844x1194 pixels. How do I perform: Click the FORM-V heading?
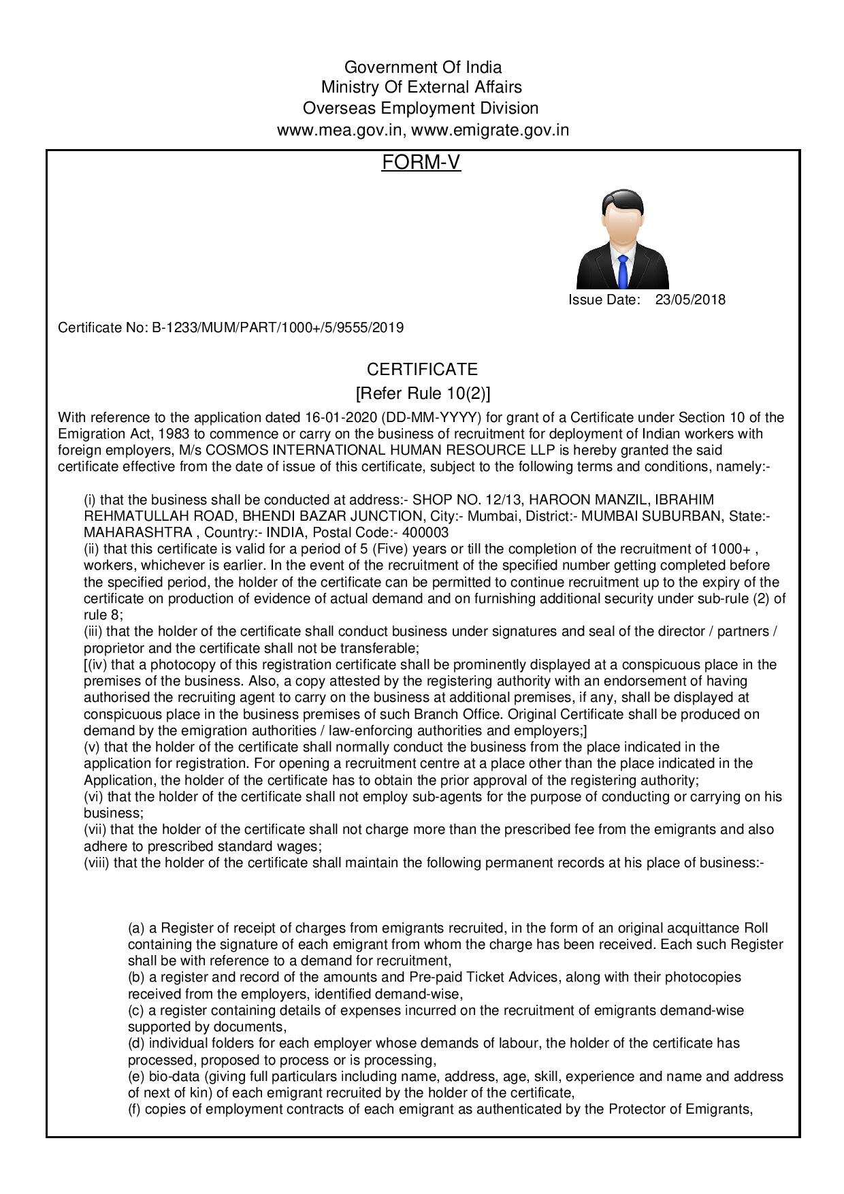pos(421,162)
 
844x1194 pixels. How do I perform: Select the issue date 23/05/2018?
pos(690,300)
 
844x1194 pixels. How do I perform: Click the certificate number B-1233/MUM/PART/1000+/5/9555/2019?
pos(277,328)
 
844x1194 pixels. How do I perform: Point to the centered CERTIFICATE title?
pos(422,370)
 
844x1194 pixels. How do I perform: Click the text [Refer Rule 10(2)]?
pos(423,393)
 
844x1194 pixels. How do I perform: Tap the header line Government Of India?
pos(423,67)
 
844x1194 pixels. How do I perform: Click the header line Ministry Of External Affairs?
pos(422,87)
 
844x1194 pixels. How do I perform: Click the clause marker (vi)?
pos(93,796)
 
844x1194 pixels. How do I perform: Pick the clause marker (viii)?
pos(97,862)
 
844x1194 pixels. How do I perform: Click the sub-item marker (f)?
pos(135,1110)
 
